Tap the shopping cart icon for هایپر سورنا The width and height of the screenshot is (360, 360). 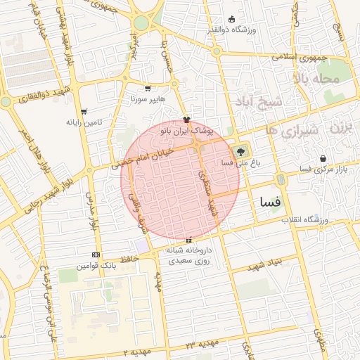(148, 89)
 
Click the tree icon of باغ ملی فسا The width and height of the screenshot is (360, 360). (241, 151)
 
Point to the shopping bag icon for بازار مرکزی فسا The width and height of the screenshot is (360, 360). (323, 159)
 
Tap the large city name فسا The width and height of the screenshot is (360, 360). (270, 202)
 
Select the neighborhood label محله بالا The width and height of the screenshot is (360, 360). (316, 79)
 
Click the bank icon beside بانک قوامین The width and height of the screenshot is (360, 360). (96, 255)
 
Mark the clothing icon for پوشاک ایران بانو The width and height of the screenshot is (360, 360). (186, 120)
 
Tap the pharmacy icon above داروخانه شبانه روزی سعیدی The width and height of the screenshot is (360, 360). (188, 240)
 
